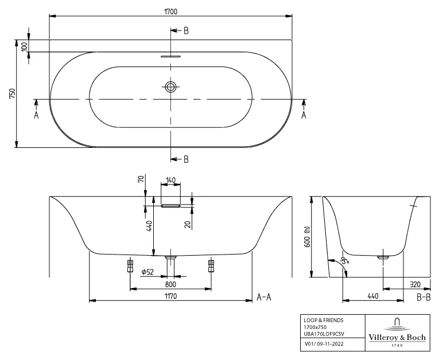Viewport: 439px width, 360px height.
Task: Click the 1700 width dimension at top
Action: point(170,10)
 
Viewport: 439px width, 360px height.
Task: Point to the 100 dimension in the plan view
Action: point(25,46)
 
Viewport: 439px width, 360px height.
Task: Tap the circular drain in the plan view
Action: point(170,87)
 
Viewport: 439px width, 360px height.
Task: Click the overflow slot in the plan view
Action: point(170,57)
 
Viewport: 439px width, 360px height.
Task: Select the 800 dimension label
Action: point(170,284)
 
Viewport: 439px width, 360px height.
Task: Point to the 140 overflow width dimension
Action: point(170,181)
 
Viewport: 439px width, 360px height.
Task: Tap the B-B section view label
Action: point(424,297)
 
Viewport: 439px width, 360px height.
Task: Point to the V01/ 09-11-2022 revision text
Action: point(324,345)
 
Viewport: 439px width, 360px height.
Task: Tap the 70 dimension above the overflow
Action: point(140,179)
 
